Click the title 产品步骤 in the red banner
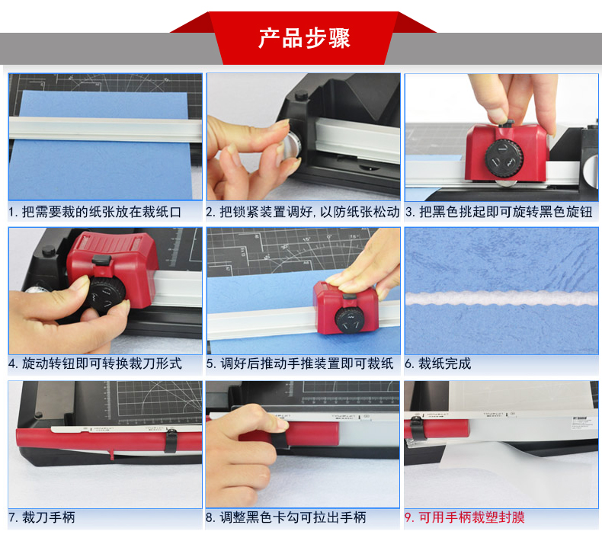tap(304, 38)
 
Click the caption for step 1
tap(94, 212)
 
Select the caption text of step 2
tap(303, 212)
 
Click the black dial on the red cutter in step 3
tap(504, 158)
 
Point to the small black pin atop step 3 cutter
tap(507, 123)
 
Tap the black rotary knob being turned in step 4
tap(107, 294)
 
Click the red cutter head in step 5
tap(345, 307)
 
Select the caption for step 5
tap(299, 363)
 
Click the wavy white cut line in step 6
tap(501, 298)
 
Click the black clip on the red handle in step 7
tap(171, 440)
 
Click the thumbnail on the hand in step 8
tap(282, 424)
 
